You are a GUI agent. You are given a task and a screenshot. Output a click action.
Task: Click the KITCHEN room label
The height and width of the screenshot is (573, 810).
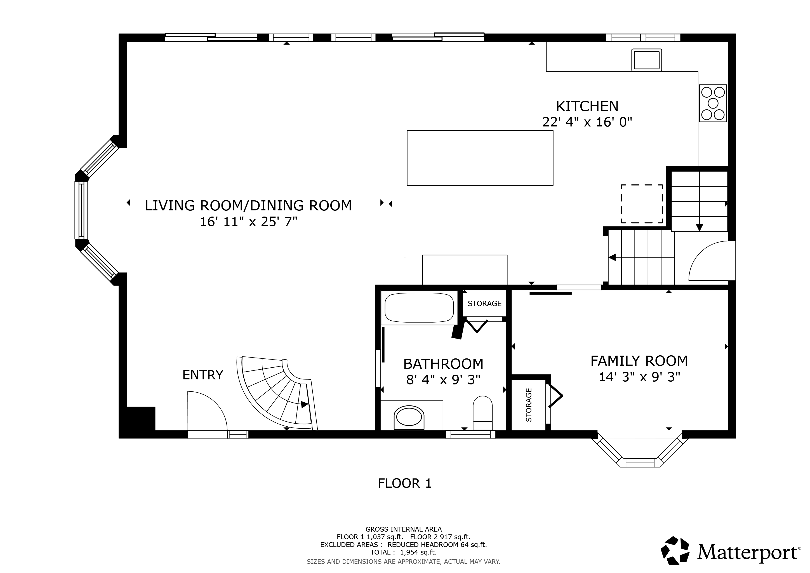click(x=587, y=106)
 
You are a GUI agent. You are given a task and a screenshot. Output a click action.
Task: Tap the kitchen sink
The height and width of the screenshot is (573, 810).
click(x=646, y=60)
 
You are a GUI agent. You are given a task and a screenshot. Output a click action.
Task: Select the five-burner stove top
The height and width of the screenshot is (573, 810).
click(x=713, y=103)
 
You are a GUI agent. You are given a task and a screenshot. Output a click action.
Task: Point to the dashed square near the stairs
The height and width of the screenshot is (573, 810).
click(x=642, y=185)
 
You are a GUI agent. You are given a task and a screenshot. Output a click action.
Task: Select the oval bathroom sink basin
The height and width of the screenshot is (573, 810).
click(x=409, y=418)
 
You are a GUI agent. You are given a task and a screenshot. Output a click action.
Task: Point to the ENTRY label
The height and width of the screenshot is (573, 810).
click(x=203, y=375)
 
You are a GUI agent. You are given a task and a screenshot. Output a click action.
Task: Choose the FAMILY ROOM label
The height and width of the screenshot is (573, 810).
click(x=639, y=361)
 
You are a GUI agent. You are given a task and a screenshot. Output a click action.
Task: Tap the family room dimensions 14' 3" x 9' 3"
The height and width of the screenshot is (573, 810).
click(x=639, y=377)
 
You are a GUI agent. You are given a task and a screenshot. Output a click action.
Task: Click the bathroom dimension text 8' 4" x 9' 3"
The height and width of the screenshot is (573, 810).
click(x=443, y=380)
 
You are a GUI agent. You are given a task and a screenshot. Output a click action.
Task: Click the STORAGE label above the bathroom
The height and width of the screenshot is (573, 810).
click(x=484, y=304)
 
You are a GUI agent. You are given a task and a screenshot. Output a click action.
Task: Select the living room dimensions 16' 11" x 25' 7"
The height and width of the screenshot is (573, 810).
click(x=249, y=222)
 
